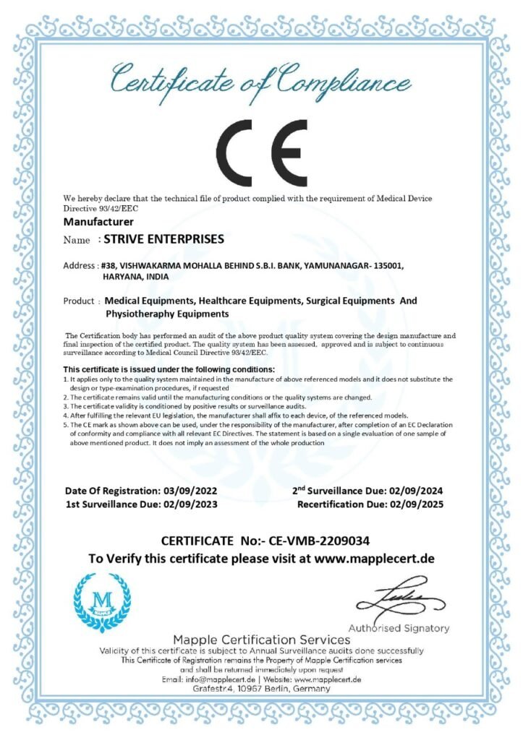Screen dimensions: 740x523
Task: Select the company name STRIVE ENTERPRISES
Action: pyautogui.click(x=164, y=238)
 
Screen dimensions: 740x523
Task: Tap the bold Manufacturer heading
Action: pyautogui.click(x=98, y=221)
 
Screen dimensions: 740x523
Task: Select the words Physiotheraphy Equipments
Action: pyautogui.click(x=167, y=314)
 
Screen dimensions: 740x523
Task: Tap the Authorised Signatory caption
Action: pyautogui.click(x=399, y=628)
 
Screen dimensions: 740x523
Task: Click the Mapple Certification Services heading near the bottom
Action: pyautogui.click(x=261, y=640)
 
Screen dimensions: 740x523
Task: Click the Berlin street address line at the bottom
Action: pyautogui.click(x=261, y=689)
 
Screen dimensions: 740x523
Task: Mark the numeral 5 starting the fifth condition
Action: pyautogui.click(x=65, y=425)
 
